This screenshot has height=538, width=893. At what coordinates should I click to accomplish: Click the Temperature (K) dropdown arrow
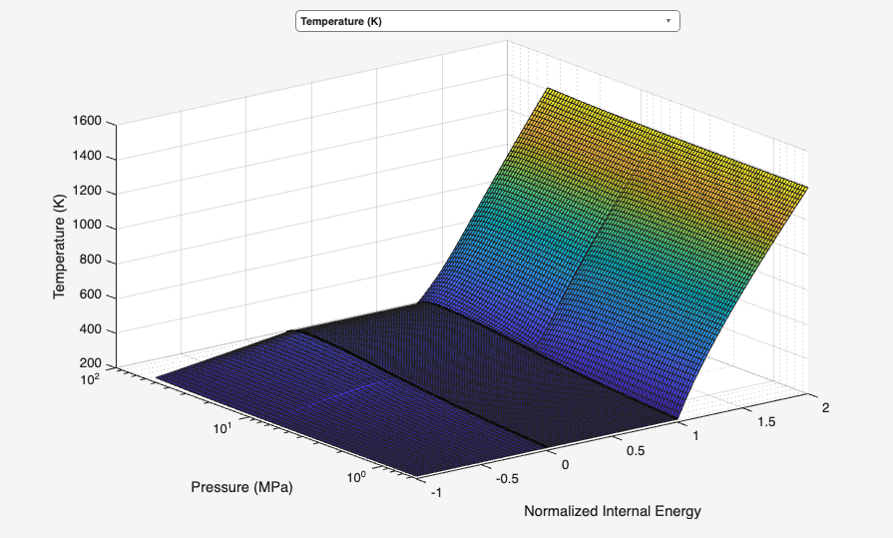[x=668, y=21]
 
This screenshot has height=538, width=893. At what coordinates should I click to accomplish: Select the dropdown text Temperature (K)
[x=340, y=21]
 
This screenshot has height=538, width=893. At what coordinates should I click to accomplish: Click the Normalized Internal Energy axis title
[x=613, y=511]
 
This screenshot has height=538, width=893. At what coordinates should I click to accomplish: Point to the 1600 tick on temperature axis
[x=87, y=122]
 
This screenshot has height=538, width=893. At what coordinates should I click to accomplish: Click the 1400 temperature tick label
[x=87, y=157]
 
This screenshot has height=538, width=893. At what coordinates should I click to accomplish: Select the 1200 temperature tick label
[x=87, y=192]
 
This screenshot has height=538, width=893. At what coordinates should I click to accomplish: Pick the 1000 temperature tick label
[x=87, y=227]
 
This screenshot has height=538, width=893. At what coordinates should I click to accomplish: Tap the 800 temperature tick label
[x=91, y=262]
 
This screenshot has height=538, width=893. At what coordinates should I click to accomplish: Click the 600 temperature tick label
[x=91, y=296]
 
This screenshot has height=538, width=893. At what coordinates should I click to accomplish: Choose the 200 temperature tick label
[x=91, y=364]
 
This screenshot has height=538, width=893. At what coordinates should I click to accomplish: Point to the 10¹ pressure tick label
[x=222, y=428]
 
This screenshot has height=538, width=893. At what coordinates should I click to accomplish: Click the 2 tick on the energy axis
[x=826, y=407]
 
